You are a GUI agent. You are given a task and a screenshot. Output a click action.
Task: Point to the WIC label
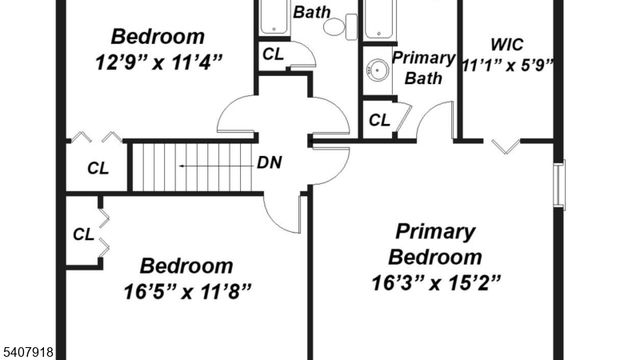pyautogui.click(x=507, y=44)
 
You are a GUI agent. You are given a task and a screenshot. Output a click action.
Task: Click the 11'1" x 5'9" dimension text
pyautogui.click(x=508, y=66)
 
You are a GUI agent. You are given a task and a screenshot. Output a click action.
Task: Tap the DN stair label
pyautogui.click(x=269, y=163)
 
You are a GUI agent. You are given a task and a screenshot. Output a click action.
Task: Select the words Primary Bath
pyautogui.click(x=423, y=67)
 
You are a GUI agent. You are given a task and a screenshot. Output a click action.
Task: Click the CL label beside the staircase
pyautogui.click(x=97, y=169)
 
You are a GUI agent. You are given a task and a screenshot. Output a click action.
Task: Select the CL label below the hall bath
pyautogui.click(x=273, y=54)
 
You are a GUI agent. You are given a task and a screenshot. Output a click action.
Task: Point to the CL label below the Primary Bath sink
pyautogui.click(x=379, y=121)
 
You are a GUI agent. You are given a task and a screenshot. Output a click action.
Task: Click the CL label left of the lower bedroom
pyautogui.click(x=84, y=235)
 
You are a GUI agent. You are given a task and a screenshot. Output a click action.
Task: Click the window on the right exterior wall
pyautogui.click(x=559, y=184)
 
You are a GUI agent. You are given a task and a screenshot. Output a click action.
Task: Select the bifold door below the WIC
pyautogui.click(x=505, y=146)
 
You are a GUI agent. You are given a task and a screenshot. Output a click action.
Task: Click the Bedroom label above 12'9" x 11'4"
pyautogui.click(x=158, y=37)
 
